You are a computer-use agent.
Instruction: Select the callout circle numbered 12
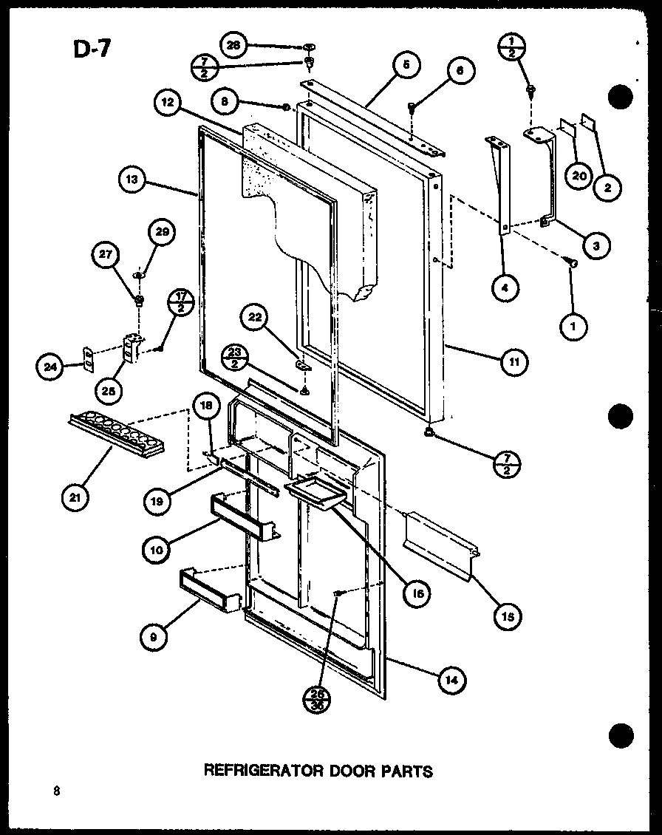tap(168, 103)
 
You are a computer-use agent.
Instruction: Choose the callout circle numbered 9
tap(151, 637)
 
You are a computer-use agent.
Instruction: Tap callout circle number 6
tap(459, 72)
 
